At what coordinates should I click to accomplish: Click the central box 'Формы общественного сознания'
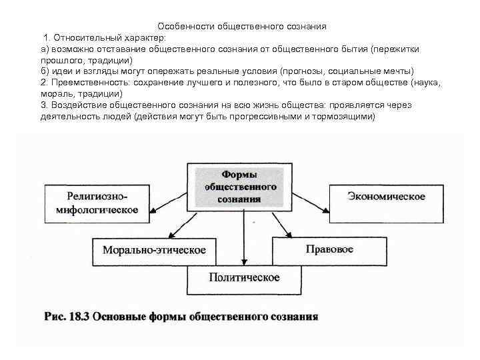(241, 186)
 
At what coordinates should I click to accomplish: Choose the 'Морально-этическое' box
(154, 250)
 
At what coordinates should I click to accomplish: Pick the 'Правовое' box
(329, 249)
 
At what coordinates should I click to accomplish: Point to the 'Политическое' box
(244, 278)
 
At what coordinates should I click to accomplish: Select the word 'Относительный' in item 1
(84, 38)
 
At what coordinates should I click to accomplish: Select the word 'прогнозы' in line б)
(303, 71)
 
